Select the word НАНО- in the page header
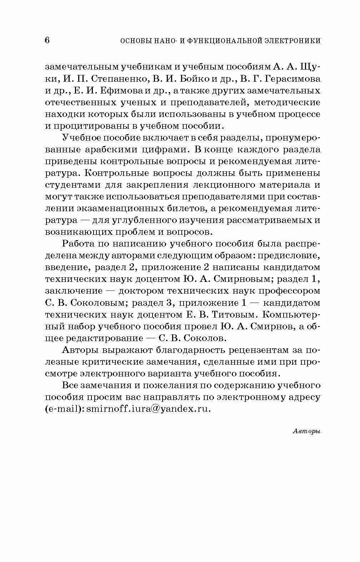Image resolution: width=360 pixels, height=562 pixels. coord(157,41)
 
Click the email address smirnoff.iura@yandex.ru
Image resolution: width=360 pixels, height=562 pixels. coord(149,409)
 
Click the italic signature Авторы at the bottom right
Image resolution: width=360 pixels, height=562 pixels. coord(306,431)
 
